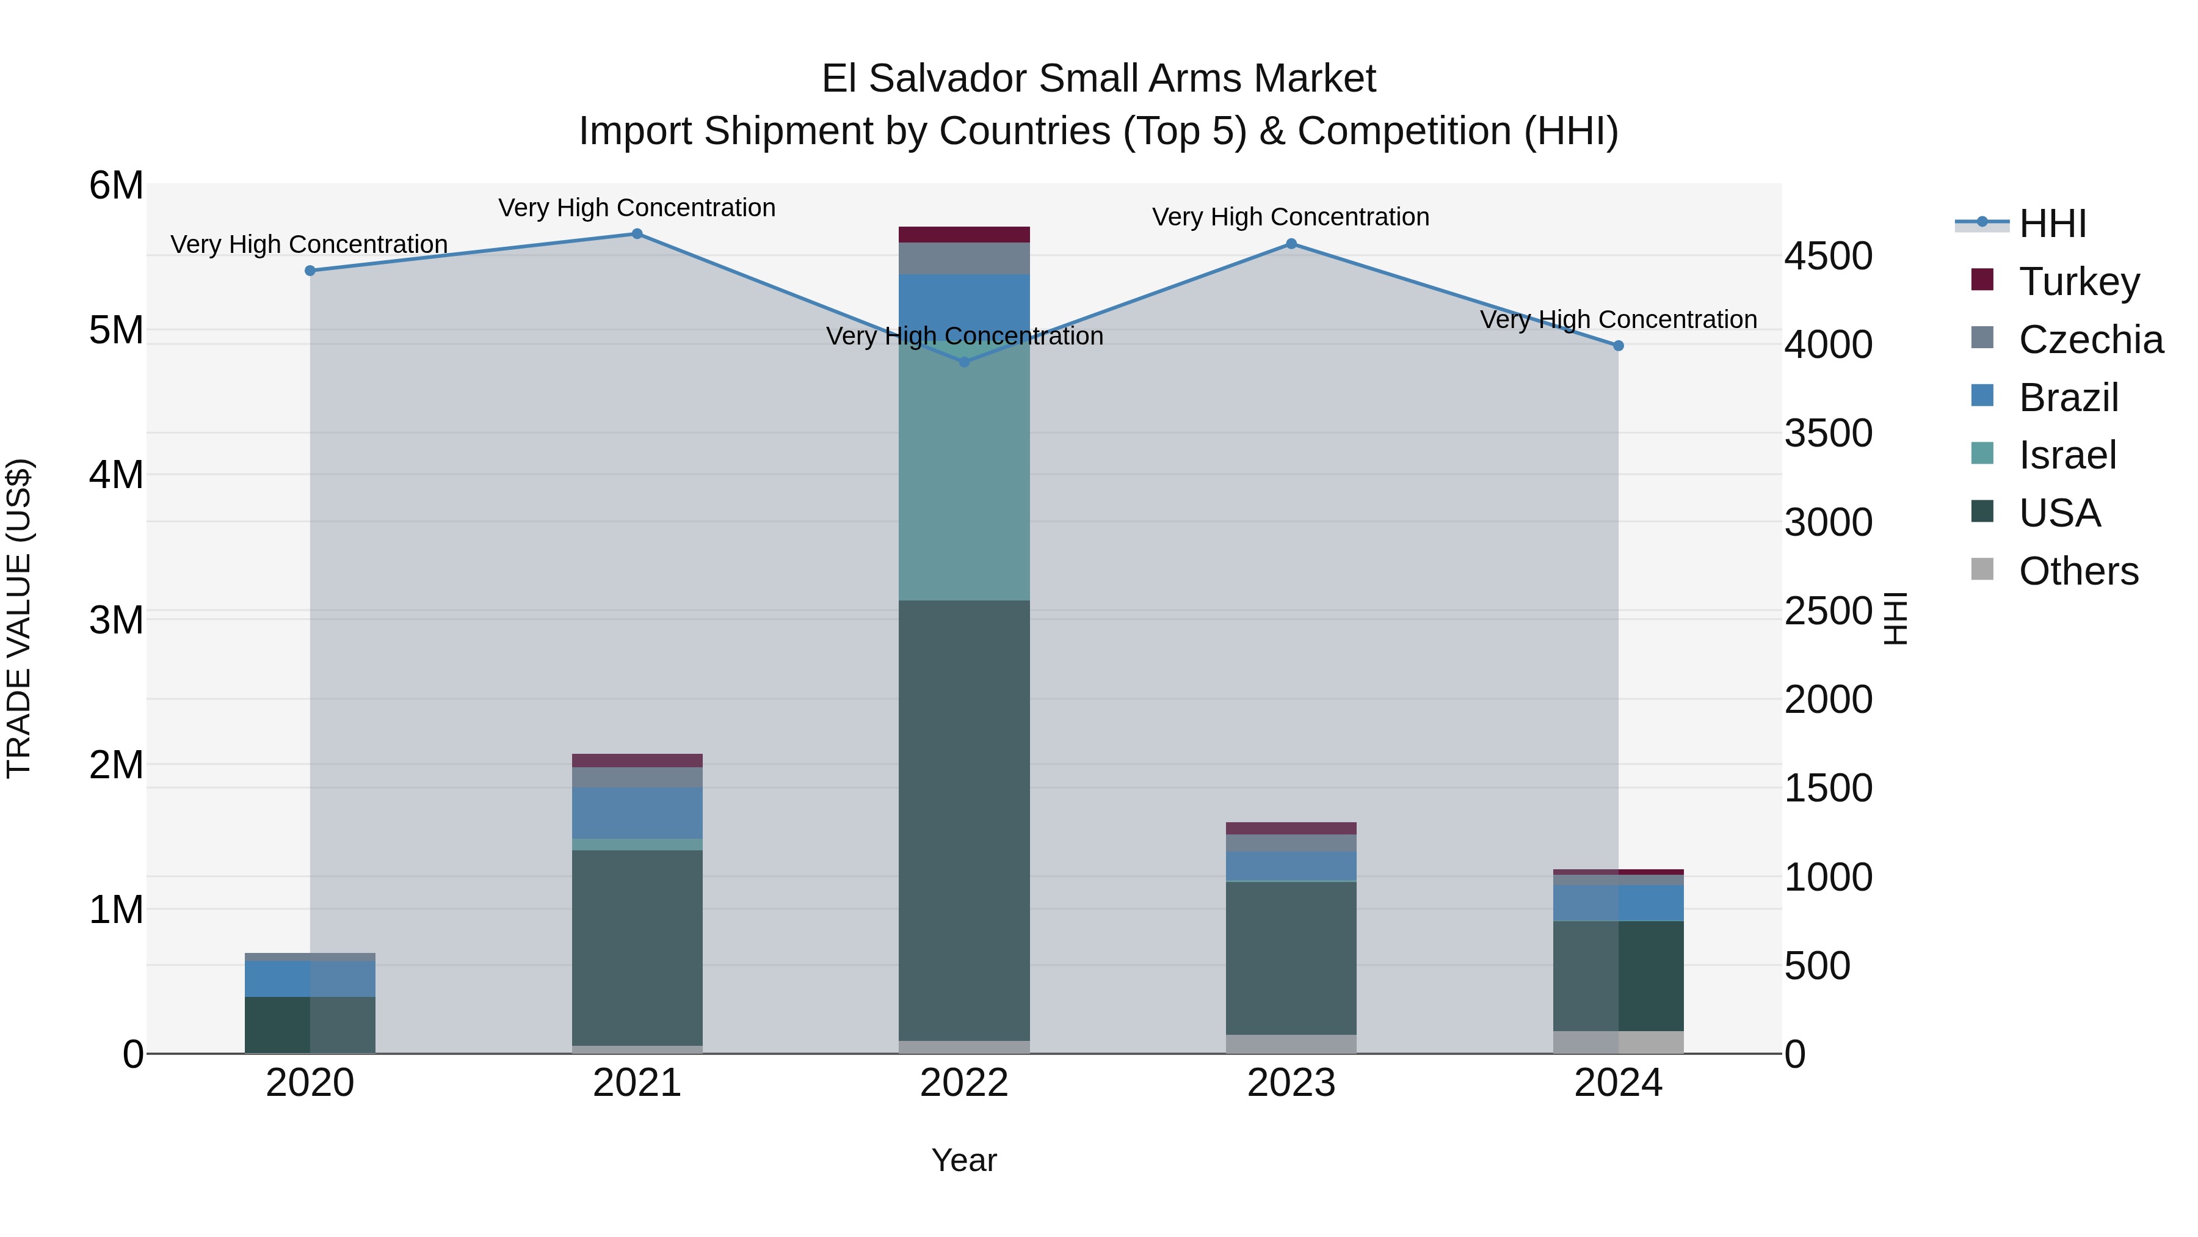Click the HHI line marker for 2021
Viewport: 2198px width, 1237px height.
[637, 234]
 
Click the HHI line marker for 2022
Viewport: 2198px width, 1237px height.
[964, 362]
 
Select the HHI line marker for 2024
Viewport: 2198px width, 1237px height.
[1618, 346]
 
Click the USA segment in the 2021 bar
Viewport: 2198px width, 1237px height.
[637, 947]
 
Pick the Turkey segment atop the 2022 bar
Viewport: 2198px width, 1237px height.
[964, 235]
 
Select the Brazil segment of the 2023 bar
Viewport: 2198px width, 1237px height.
[1291, 866]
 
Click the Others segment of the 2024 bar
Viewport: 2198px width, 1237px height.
[1618, 1042]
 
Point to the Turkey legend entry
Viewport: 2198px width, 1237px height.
[2078, 282]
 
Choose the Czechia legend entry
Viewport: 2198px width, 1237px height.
[2091, 340]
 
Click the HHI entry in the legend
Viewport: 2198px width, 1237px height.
[2052, 224]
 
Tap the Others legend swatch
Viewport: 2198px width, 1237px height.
[1982, 569]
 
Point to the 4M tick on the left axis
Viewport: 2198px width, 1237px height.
[116, 475]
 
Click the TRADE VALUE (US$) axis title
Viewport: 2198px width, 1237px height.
[19, 618]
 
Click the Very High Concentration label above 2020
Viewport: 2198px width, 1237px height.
[309, 245]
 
